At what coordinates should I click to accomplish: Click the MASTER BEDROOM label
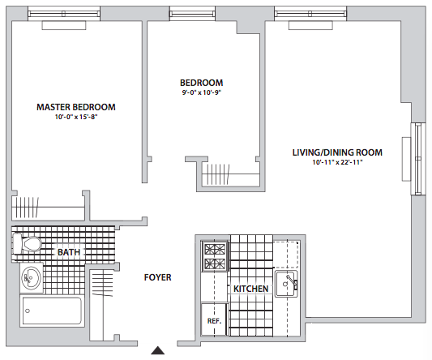coord(76,107)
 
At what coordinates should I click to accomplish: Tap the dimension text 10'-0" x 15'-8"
coord(76,117)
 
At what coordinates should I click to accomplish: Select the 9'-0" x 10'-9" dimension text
coord(202,92)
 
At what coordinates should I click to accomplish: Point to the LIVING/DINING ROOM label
coord(337,152)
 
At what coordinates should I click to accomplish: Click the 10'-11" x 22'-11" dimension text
coord(337,162)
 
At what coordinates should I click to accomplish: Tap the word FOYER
coord(157,277)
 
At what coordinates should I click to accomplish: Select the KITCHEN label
coord(250,289)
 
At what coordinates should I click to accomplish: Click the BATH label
coord(69,252)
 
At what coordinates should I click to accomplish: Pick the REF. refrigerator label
coord(214,321)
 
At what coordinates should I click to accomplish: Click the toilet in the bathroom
coord(27,244)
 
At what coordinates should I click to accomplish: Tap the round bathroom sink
coord(31,277)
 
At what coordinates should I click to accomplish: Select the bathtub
coord(52,311)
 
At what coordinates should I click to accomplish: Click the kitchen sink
coord(286,284)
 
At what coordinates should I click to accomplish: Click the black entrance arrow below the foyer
coord(158,350)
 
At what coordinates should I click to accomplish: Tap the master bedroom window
coord(64,14)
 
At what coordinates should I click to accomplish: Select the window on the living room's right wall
coord(418,159)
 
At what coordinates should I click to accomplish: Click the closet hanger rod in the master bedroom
coord(48,207)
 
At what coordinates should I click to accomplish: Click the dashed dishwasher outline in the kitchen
coord(287,254)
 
